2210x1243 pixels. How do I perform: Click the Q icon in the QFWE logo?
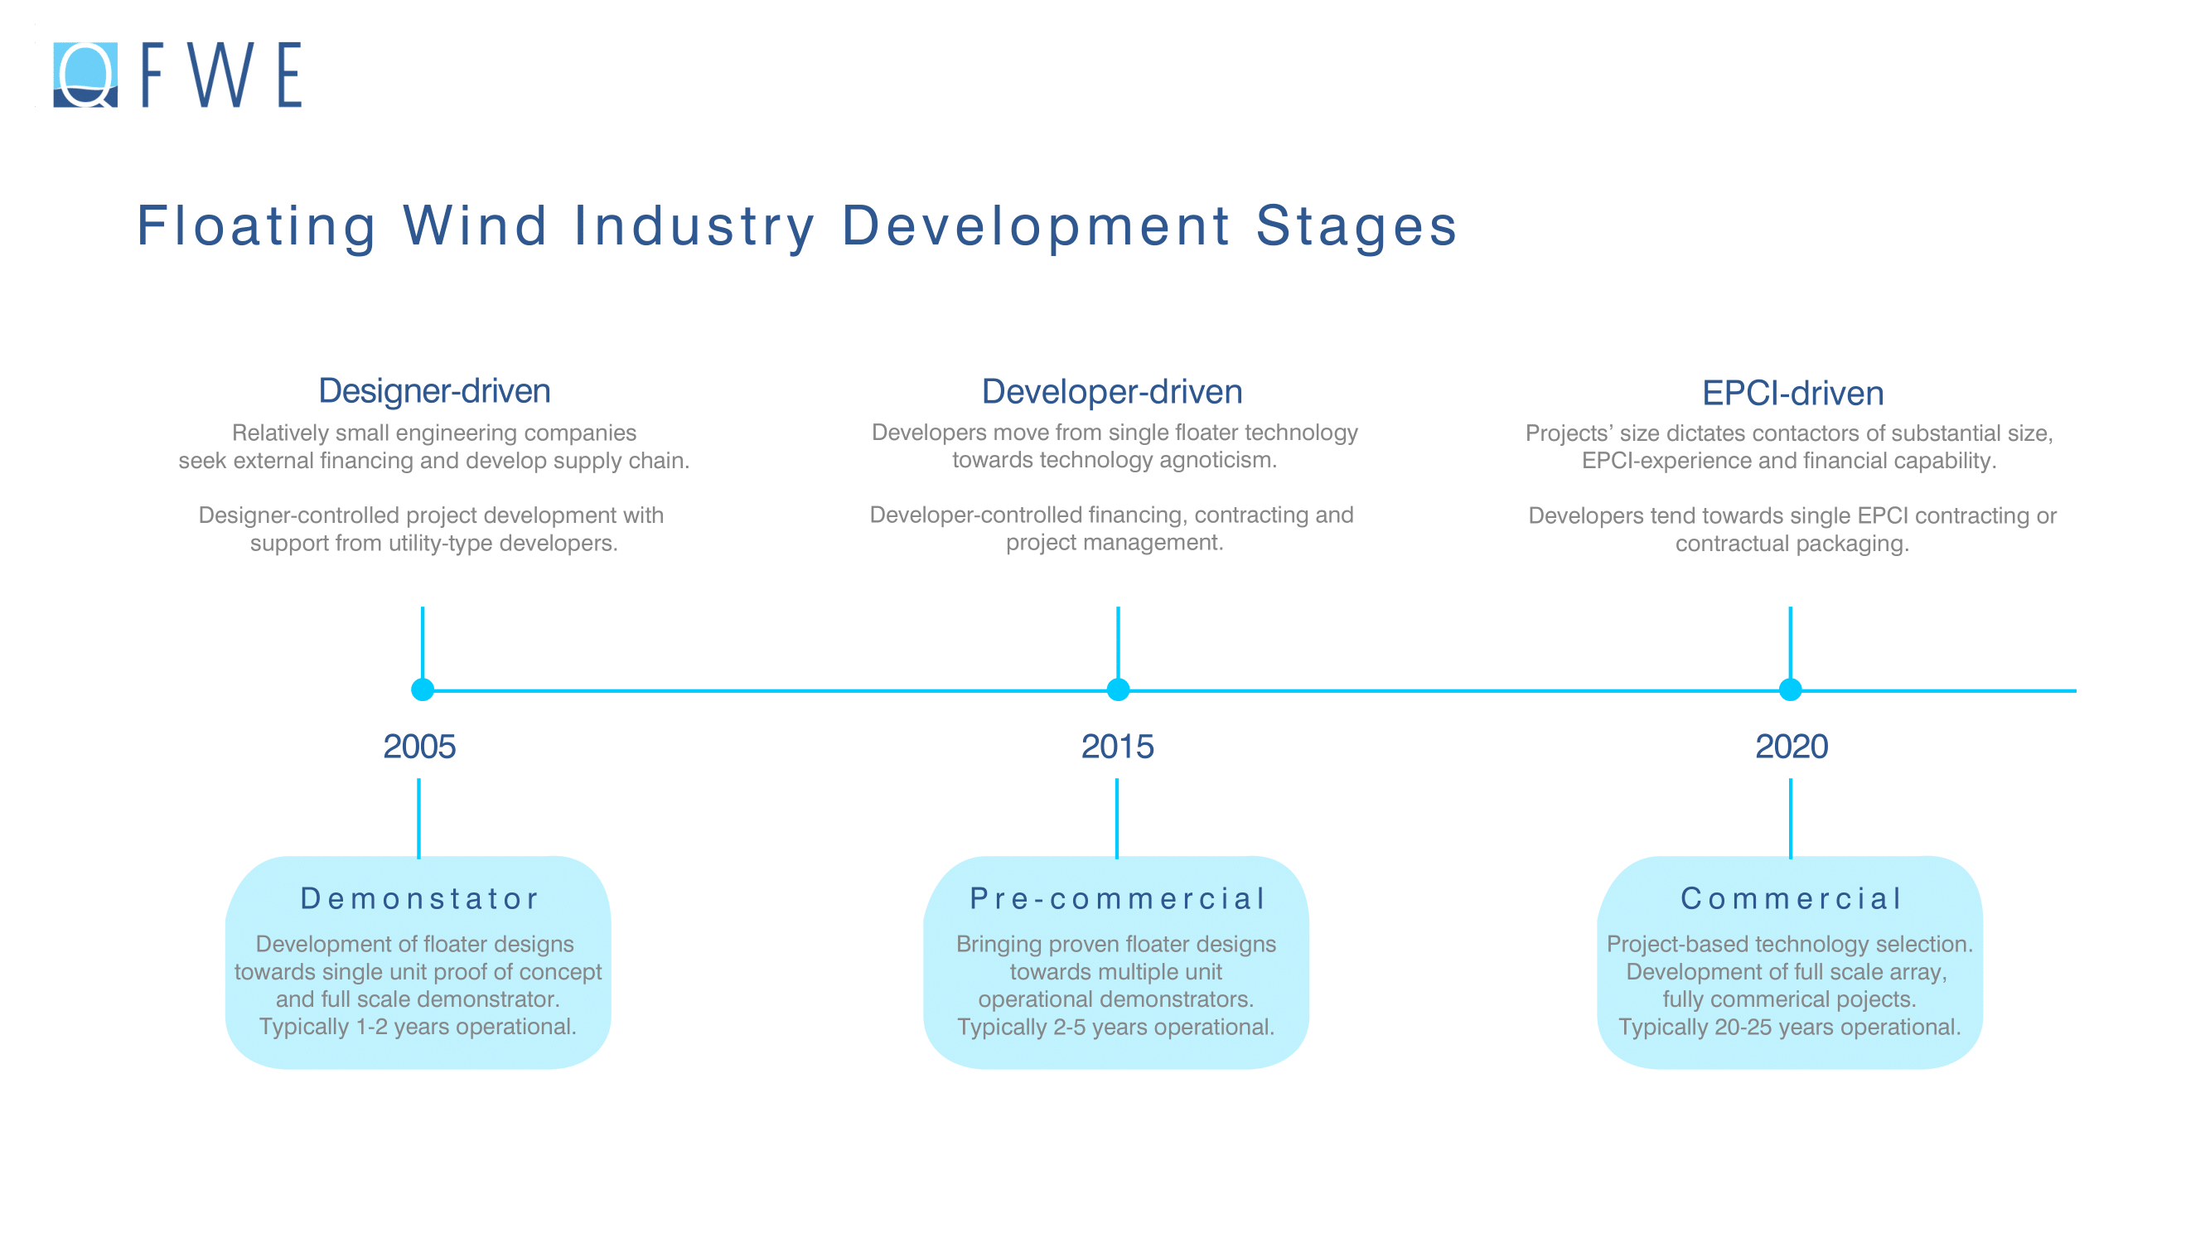point(85,75)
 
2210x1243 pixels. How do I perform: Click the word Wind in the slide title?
point(476,225)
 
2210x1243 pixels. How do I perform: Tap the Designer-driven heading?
point(434,390)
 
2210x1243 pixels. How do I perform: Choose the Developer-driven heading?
point(1112,391)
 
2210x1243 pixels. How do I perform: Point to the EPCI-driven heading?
point(1792,393)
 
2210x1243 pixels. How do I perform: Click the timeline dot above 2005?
point(422,689)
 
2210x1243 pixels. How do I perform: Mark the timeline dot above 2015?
point(1118,689)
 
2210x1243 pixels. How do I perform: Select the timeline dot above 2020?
point(1790,689)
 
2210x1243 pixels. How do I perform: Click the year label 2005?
point(418,747)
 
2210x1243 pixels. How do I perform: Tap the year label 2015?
point(1117,747)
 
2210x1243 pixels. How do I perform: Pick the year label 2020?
point(1792,747)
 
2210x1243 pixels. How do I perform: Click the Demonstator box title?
point(418,898)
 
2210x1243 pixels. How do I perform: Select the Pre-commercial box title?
point(1117,898)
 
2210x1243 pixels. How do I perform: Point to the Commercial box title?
point(1791,898)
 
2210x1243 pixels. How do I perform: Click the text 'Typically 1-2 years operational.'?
point(418,1027)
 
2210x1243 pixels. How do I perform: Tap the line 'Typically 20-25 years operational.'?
point(1790,1027)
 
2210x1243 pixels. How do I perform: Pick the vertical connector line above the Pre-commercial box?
point(1117,819)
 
